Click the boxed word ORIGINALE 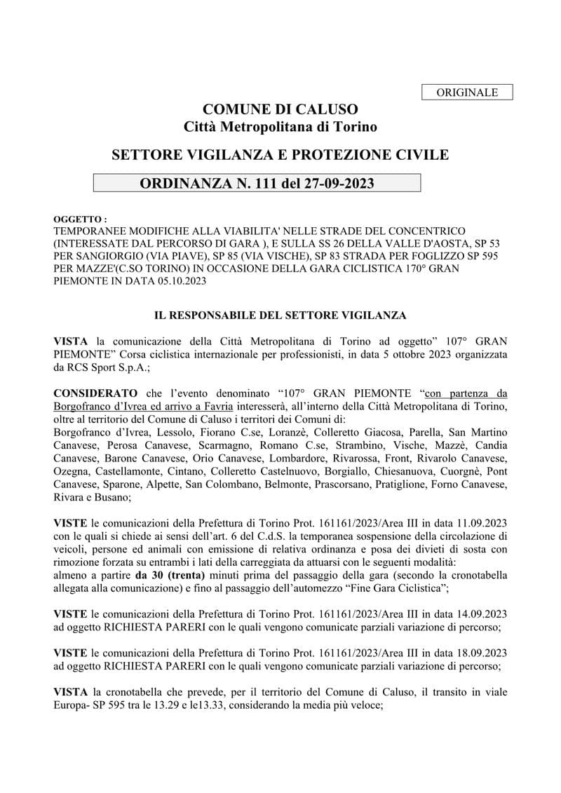[467, 93]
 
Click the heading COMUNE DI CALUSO [280, 109]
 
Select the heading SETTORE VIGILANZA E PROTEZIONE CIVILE [280, 154]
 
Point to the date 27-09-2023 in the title [337, 184]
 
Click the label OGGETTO [80, 219]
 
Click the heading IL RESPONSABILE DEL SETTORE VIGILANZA [280, 316]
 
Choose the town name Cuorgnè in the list [459, 470]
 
